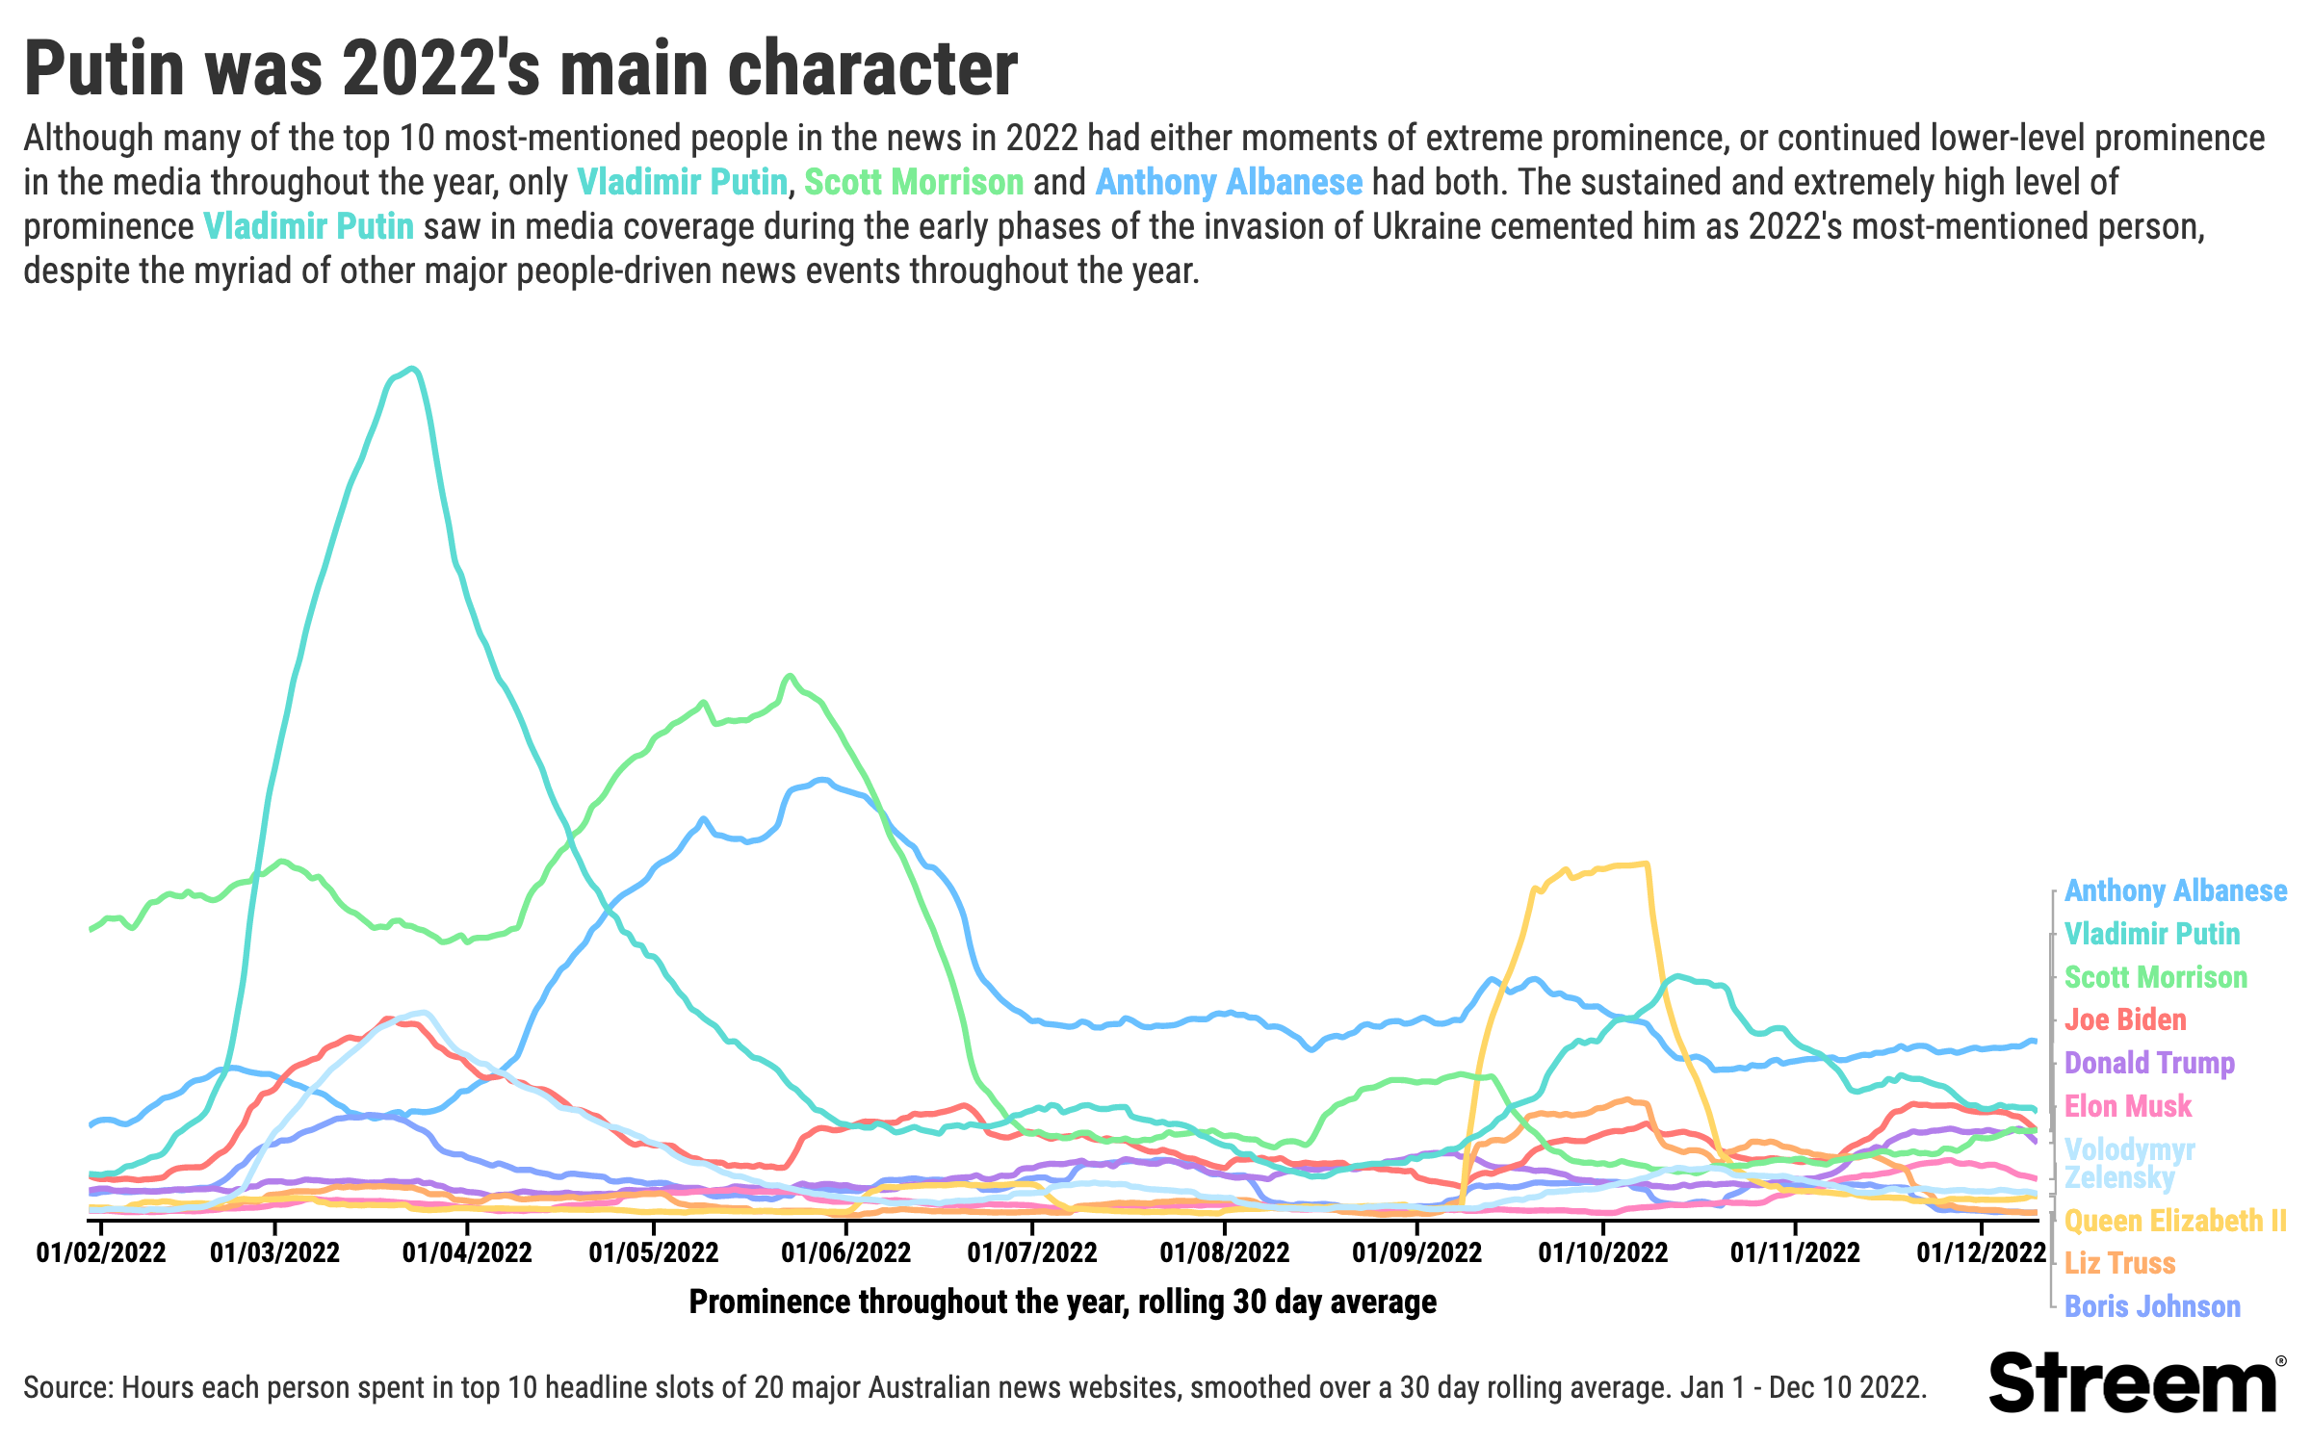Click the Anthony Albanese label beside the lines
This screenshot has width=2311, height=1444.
[x=2175, y=891]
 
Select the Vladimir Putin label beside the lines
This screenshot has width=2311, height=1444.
[x=2152, y=934]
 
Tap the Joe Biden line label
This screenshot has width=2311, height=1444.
[x=2125, y=1019]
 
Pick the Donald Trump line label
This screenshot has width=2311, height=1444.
[x=2149, y=1063]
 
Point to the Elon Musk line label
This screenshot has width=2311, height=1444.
[x=2128, y=1106]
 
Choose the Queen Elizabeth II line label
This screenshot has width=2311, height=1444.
[x=2175, y=1221]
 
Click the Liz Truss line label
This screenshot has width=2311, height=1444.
[x=2120, y=1263]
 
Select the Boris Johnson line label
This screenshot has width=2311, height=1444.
[x=2152, y=1306]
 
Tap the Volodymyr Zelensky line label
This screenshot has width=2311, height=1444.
[x=2129, y=1163]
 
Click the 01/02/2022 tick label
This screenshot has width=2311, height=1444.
[x=101, y=1252]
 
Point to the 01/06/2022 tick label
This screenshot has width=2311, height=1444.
[x=845, y=1252]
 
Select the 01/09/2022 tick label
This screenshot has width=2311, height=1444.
[x=1416, y=1252]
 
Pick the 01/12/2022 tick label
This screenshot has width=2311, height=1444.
[x=1981, y=1252]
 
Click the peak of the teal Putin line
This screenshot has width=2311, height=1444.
[x=412, y=369]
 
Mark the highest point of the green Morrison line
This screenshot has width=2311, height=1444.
[x=790, y=676]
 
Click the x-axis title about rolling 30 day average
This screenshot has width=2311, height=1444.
[x=1062, y=1302]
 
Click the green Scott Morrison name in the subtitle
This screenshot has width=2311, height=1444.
[x=913, y=182]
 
